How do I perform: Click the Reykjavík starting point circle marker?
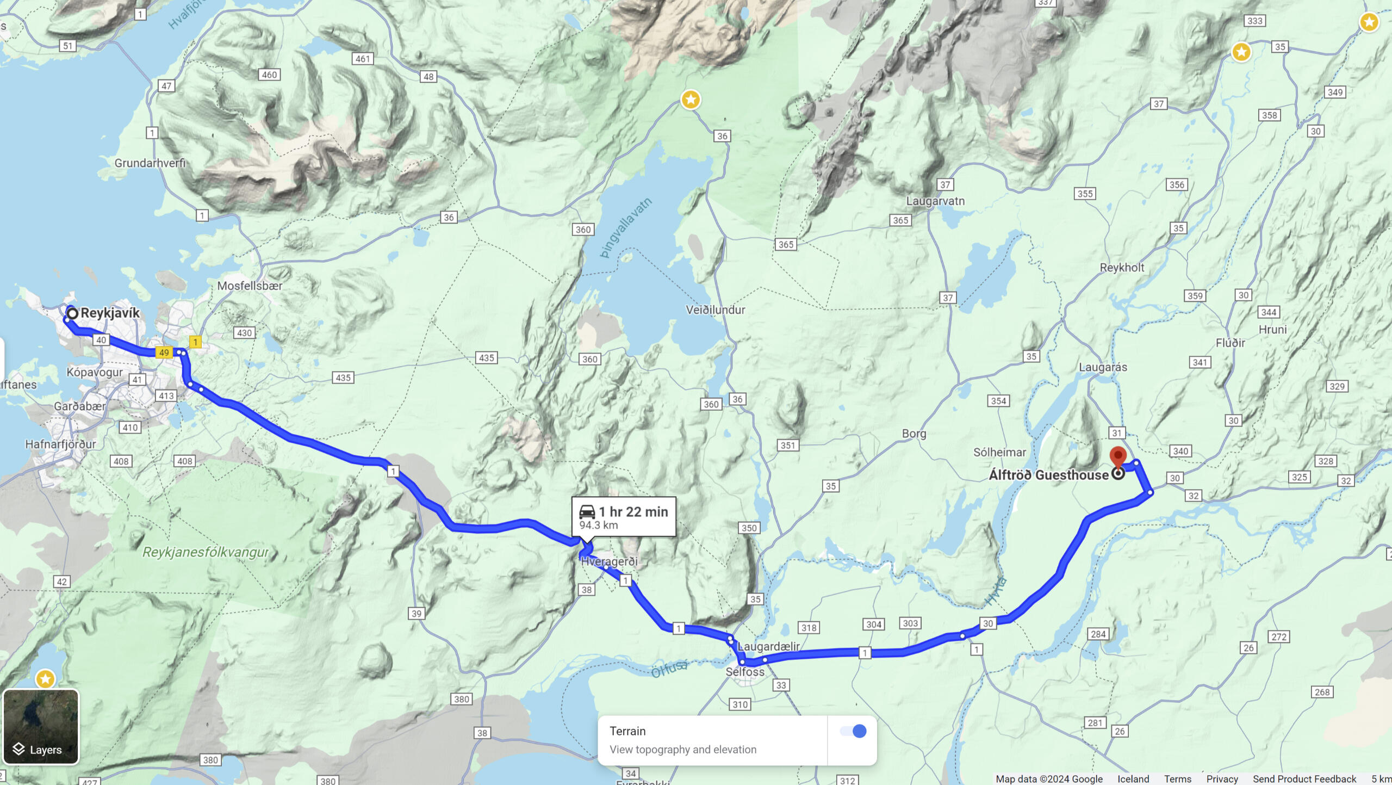click(x=72, y=313)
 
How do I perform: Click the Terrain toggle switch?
click(x=853, y=731)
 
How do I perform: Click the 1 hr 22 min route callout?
click(x=624, y=517)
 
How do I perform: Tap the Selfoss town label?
click(x=744, y=672)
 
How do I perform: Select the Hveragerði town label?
click(x=609, y=561)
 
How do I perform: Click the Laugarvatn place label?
click(x=935, y=201)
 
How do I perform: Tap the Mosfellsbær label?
click(x=250, y=286)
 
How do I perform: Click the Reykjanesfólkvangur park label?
click(x=206, y=552)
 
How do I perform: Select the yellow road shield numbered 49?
click(x=164, y=353)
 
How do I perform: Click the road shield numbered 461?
click(x=363, y=59)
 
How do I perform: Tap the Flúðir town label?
click(x=1230, y=343)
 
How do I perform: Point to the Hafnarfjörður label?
click(x=60, y=444)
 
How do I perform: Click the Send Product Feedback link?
click(x=1304, y=779)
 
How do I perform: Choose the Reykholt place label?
click(x=1122, y=268)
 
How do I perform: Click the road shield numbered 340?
click(x=1180, y=451)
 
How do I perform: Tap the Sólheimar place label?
click(x=999, y=452)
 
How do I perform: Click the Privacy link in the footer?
click(x=1222, y=779)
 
